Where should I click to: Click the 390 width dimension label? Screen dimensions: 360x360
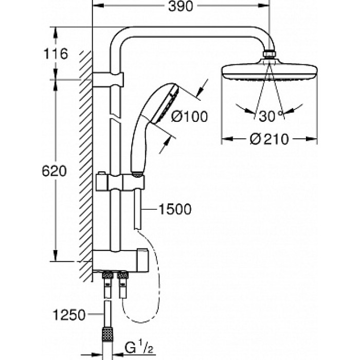[x=181, y=6]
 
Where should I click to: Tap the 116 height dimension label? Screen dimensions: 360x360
[x=56, y=54]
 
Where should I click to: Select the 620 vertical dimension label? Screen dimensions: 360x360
[x=54, y=171]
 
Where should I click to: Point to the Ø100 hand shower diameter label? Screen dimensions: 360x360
[x=189, y=116]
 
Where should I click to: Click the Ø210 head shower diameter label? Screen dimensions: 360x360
[x=269, y=139]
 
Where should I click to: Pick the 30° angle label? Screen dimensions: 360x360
[x=271, y=116]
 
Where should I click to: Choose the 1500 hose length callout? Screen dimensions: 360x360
[x=175, y=209]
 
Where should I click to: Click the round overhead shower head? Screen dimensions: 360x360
[x=269, y=71]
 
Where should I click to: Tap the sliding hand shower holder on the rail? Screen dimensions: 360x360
[x=120, y=183]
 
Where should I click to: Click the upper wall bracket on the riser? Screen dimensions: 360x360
[x=108, y=80]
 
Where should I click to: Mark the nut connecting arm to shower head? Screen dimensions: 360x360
[x=269, y=53]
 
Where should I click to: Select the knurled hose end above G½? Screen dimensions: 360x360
[x=108, y=336]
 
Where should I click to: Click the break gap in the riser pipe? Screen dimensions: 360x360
[x=115, y=116]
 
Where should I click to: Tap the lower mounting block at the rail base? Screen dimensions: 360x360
[x=120, y=260]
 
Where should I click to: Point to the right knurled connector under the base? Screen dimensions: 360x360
[x=123, y=275]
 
